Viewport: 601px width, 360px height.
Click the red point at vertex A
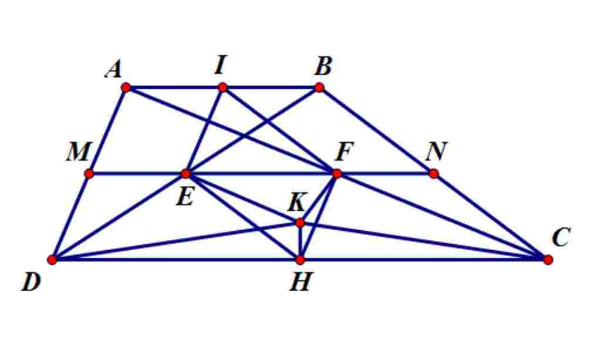click(x=126, y=88)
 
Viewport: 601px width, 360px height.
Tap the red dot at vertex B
click(x=319, y=88)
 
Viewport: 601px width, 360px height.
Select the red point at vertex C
click(x=548, y=259)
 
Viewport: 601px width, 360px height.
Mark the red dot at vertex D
click(x=52, y=259)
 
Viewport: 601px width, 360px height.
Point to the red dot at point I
click(x=222, y=88)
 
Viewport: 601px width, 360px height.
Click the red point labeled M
click(x=89, y=173)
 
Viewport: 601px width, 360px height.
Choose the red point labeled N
click(x=434, y=173)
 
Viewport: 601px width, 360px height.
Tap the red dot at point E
click(x=185, y=173)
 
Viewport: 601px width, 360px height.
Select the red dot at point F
click(x=337, y=173)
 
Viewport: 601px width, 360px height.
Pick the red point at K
click(x=300, y=223)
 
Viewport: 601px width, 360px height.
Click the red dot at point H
click(x=300, y=259)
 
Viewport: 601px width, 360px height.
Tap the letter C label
click(x=561, y=238)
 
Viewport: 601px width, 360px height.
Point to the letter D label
click(x=31, y=282)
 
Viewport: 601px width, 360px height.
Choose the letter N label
click(x=435, y=152)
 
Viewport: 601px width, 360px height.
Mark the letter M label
click(x=77, y=153)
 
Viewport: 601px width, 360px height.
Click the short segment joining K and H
click(x=300, y=241)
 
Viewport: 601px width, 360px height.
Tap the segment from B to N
click(x=376, y=130)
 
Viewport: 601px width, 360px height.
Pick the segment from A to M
click(x=107, y=130)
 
